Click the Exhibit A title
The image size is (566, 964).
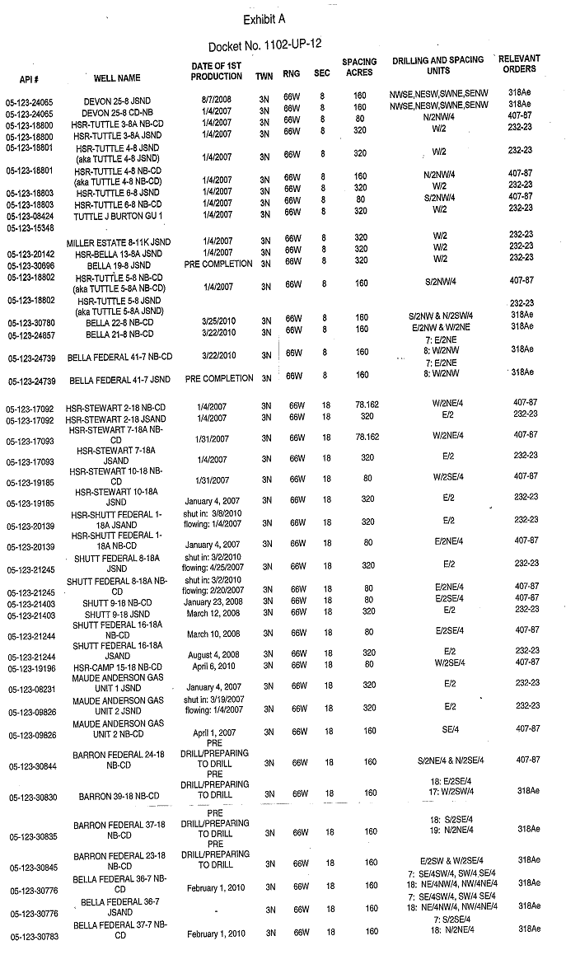pos(264,19)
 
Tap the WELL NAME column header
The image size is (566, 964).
pos(117,78)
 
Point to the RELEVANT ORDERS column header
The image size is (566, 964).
pos(520,64)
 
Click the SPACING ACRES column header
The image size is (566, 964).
pos(359,67)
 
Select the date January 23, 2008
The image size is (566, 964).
pos(213,603)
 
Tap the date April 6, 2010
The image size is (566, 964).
pos(213,666)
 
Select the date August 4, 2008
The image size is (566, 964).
pos(213,655)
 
